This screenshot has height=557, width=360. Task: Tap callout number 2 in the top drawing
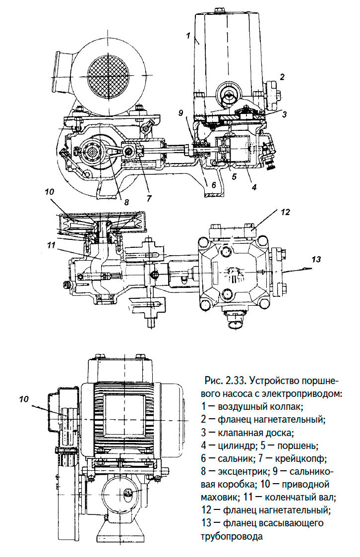[281, 77]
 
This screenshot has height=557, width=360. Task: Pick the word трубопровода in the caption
[232, 536]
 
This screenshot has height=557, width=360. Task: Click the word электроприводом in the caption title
[302, 394]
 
